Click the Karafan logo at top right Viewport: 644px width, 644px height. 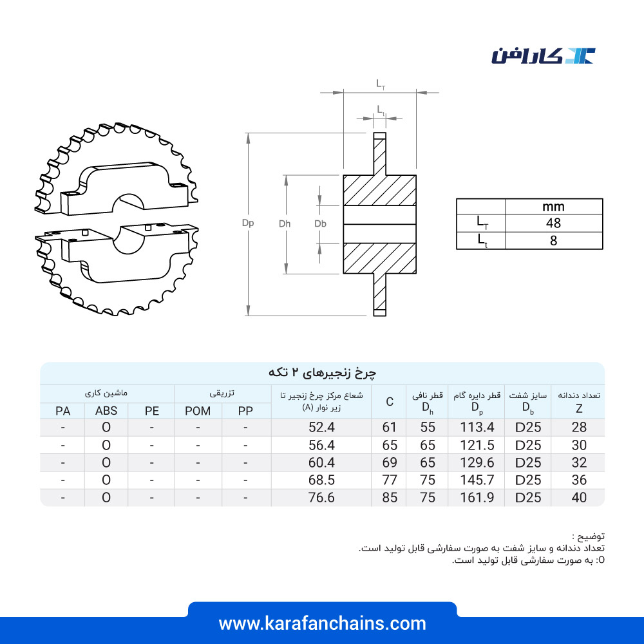pos(543,56)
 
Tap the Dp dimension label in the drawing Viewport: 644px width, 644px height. pos(248,223)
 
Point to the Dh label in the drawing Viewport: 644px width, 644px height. pos(285,223)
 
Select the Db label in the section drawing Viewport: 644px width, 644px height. pos(320,223)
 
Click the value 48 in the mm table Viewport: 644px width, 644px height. pos(553,223)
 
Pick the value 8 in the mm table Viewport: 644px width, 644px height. pos(554,241)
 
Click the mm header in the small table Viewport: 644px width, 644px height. pos(553,207)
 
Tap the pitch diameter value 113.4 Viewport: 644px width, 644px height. pos(477,427)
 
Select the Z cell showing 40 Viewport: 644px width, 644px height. pos(579,497)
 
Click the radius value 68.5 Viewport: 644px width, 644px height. pos(321,480)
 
